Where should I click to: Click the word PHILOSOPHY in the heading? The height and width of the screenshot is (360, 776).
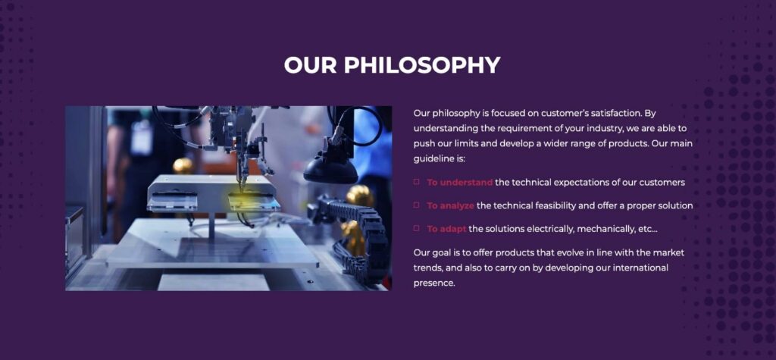point(422,64)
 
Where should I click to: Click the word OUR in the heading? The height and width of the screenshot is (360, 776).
point(311,64)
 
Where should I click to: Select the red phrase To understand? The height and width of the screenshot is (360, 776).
point(460,182)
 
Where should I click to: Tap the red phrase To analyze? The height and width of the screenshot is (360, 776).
point(450,205)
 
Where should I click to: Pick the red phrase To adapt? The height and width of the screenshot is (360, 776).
point(447,228)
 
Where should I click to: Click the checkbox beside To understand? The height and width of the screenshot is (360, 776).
point(416,182)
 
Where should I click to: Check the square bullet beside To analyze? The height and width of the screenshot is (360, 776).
point(416,205)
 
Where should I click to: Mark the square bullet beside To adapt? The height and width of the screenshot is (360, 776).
point(416,227)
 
